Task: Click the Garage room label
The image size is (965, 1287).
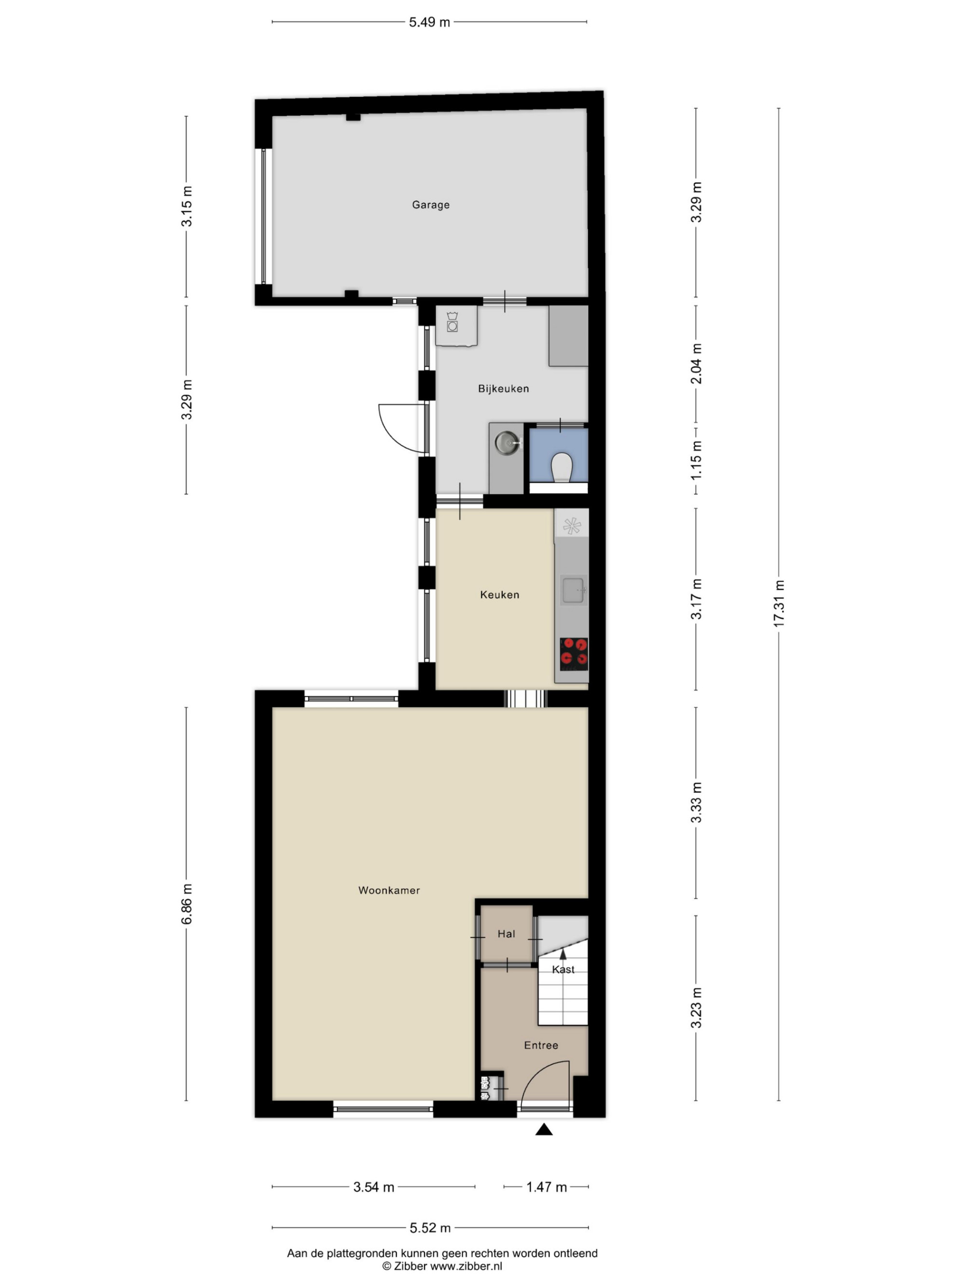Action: click(x=430, y=205)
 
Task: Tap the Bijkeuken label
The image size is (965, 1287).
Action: click(x=503, y=388)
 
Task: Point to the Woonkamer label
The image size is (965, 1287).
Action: click(x=388, y=890)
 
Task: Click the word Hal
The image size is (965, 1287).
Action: click(x=506, y=934)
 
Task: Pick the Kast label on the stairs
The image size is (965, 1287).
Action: click(x=563, y=969)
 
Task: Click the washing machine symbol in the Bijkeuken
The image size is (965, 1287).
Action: click(x=452, y=322)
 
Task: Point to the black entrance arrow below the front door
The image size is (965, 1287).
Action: click(x=544, y=1129)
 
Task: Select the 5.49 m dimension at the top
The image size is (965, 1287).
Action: click(x=429, y=22)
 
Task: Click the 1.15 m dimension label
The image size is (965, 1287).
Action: click(x=696, y=460)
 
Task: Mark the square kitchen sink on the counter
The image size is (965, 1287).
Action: click(x=573, y=590)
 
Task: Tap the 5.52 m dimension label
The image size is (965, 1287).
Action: click(x=430, y=1228)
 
